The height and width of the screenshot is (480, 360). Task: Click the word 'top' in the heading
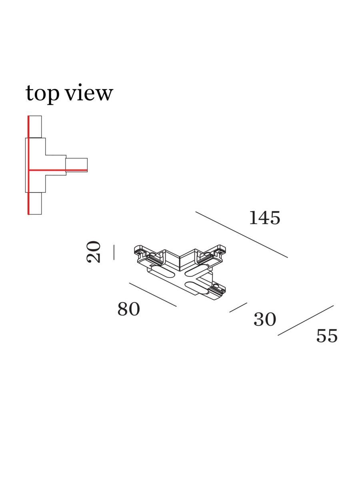click(42, 94)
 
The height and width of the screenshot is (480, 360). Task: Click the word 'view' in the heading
click(89, 92)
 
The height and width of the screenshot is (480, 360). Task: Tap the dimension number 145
click(265, 218)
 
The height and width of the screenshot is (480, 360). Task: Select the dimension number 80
click(128, 309)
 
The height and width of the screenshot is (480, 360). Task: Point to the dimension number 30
click(265, 320)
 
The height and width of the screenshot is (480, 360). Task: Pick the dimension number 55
click(327, 336)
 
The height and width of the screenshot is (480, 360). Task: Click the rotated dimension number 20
click(94, 252)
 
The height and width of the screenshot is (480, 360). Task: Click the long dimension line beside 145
click(242, 235)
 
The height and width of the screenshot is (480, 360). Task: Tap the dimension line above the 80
click(153, 295)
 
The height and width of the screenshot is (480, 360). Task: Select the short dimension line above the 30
click(238, 308)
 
